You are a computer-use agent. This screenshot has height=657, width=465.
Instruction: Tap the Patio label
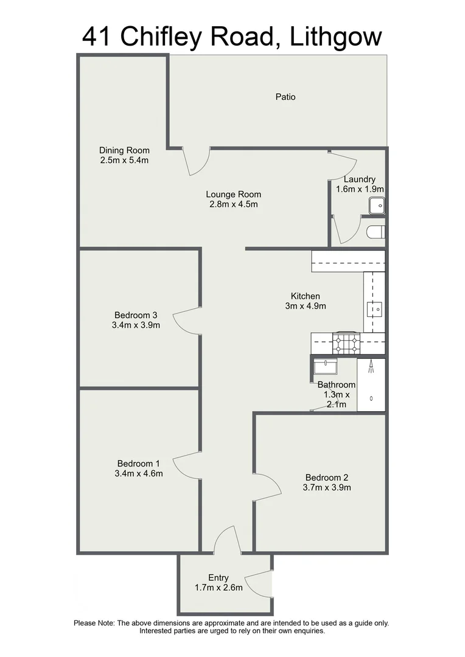click(285, 96)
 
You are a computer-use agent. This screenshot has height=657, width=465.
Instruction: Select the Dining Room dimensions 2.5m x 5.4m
click(124, 161)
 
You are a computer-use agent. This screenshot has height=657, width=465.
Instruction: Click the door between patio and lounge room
click(197, 161)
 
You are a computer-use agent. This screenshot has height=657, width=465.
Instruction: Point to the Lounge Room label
click(233, 195)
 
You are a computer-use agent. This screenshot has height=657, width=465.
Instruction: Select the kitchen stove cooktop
click(346, 344)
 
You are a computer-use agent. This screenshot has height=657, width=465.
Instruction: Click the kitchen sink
click(374, 310)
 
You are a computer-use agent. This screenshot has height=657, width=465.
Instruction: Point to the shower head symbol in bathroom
click(371, 367)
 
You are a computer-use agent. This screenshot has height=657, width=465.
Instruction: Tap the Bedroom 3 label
click(136, 315)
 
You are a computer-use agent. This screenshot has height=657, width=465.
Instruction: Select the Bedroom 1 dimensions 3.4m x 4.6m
click(138, 473)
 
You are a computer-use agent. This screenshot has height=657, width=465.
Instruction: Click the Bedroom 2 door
click(267, 487)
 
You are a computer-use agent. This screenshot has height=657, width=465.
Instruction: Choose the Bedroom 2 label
click(327, 478)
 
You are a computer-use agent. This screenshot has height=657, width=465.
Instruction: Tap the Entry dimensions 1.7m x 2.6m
click(219, 588)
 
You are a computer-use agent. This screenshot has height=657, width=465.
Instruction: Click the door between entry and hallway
click(226, 540)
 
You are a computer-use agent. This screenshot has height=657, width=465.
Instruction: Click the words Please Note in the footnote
click(94, 623)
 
